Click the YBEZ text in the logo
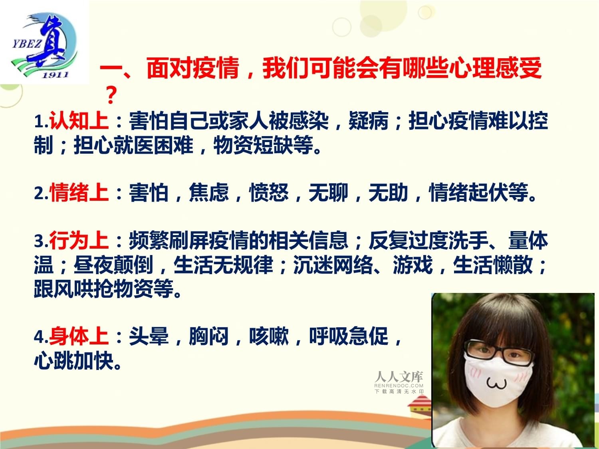coord(26,44)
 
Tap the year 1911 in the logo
coord(55,75)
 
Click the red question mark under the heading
coord(111,95)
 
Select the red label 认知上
coord(79,121)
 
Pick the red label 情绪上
coord(79,192)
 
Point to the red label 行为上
coord(79,240)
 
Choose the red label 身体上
coord(79,336)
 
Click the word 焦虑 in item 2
coord(209,192)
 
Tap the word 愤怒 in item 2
coord(269,192)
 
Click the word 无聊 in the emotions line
coord(329,192)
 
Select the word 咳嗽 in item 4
coord(269,336)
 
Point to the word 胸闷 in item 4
coord(209,336)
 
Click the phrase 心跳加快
coord(74,360)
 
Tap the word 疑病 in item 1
coord(369,121)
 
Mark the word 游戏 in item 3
coord(413,265)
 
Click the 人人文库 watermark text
coord(399,377)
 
